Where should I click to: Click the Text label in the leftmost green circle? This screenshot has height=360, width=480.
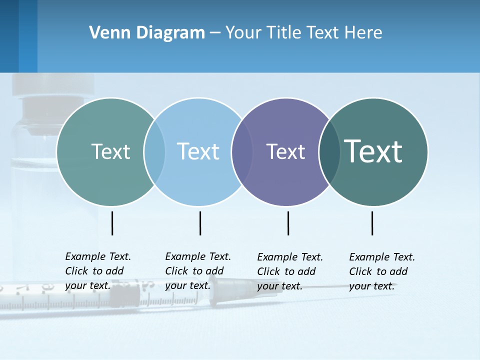(110, 152)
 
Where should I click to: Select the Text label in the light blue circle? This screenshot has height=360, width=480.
(198, 152)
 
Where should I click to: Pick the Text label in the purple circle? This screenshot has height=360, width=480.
(285, 152)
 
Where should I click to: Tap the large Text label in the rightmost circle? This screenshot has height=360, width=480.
(373, 151)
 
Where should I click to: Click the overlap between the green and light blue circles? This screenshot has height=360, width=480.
(154, 152)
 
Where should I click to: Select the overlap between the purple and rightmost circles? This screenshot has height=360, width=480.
(329, 152)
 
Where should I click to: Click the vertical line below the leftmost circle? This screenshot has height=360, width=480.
(112, 223)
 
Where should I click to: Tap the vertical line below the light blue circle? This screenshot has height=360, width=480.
(200, 223)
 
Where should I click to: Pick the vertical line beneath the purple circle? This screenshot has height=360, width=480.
(288, 223)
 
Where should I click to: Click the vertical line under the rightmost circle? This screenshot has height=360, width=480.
(372, 223)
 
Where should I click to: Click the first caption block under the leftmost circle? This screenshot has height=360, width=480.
(97, 271)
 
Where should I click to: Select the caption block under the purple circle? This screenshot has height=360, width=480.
(289, 271)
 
